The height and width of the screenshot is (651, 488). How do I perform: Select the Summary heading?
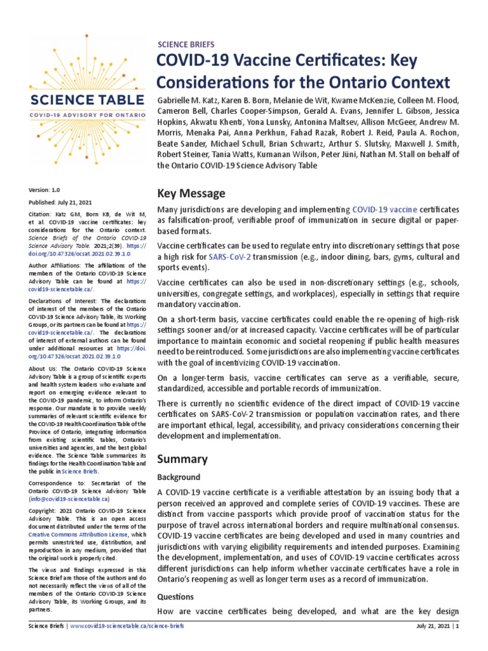click(182, 458)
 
